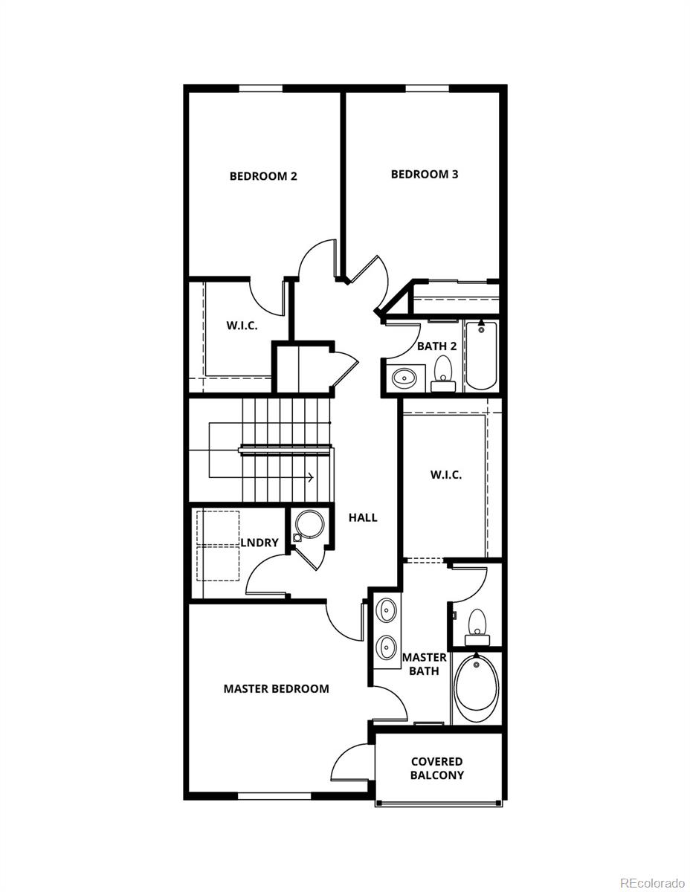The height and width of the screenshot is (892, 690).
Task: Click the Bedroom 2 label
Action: pos(263,176)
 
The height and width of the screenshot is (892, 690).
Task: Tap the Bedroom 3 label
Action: pos(425,174)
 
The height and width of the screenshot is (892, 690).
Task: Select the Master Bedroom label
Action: pos(276,688)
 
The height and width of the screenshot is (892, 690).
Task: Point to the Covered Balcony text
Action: pos(437,768)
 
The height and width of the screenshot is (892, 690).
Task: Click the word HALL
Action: pos(363,517)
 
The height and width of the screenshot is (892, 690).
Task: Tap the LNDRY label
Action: pos(259,543)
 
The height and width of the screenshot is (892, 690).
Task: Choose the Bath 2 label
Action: pos(437,346)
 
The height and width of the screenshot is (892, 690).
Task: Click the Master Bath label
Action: pos(424,664)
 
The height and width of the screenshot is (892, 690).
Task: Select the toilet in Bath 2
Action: pos(443,372)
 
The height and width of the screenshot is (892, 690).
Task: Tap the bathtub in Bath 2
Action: pos(481,355)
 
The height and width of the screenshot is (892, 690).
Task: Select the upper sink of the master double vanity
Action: pos(387,611)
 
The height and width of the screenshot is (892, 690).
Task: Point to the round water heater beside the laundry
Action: pos(307,526)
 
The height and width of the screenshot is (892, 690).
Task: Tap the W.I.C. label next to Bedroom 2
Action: pos(242,326)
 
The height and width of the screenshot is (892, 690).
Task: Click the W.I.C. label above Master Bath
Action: pos(446,474)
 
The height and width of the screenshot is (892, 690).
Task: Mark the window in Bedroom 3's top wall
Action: pos(427,88)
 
